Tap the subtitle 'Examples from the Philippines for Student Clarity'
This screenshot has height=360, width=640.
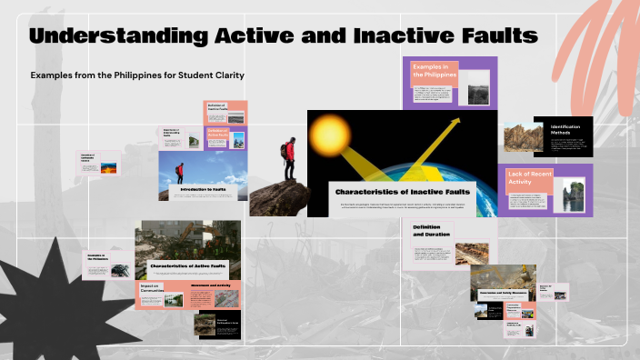tap(137, 75)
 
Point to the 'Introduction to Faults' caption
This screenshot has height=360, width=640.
tap(203, 189)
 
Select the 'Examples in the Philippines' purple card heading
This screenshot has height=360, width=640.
tap(434, 74)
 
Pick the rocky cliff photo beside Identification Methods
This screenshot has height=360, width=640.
tap(524, 136)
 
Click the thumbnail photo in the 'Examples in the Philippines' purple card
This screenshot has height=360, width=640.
tap(477, 94)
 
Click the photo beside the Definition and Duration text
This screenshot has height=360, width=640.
tap(470, 253)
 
